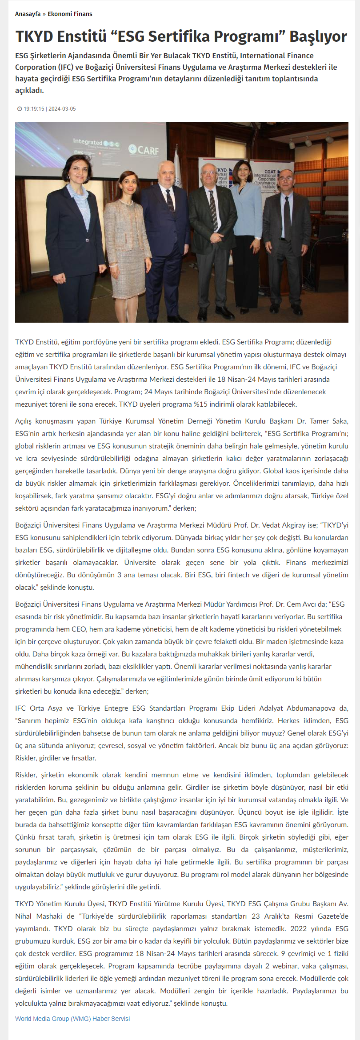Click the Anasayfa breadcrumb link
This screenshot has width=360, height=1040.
[x=28, y=14]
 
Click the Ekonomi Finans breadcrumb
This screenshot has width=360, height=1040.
[x=70, y=14]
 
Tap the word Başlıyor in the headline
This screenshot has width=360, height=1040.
[x=318, y=36]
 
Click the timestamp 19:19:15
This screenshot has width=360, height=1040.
[x=34, y=109]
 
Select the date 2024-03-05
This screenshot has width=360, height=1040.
[x=62, y=109]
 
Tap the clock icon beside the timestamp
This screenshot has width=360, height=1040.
[x=20, y=109]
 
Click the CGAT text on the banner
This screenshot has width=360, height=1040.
[x=270, y=172]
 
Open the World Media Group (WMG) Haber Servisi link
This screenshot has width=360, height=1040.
[x=72, y=1018]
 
